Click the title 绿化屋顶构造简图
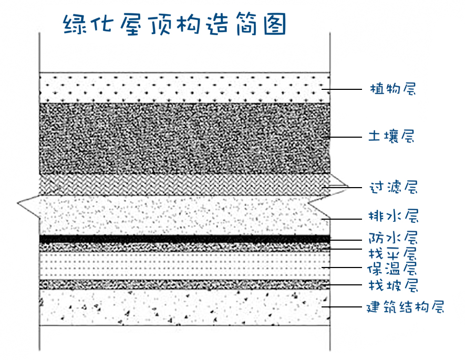(175, 24)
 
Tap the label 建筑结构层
(405, 306)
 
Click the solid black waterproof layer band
(184, 239)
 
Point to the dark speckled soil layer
(184, 138)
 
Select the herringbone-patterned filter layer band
(184, 183)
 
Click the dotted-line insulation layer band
(184, 265)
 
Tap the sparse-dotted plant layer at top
(184, 87)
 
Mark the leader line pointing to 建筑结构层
(342, 306)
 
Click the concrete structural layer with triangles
(184, 307)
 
